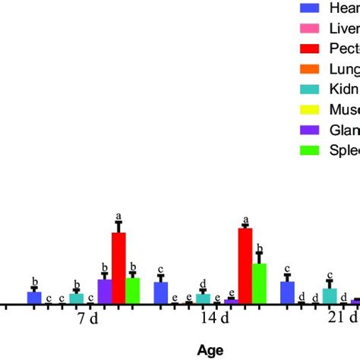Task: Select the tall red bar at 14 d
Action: click(x=245, y=266)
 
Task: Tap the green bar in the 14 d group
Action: click(x=259, y=283)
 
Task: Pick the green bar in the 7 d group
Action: click(x=132, y=291)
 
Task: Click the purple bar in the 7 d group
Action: click(x=105, y=292)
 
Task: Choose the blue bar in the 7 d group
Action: click(x=34, y=298)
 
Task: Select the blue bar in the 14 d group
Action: click(x=161, y=293)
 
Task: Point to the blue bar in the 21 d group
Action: click(x=288, y=293)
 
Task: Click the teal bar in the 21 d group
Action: click(x=330, y=296)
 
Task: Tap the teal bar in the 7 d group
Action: click(x=77, y=298)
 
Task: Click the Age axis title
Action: click(x=210, y=350)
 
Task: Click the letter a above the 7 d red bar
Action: click(x=118, y=216)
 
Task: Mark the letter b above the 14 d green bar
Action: click(x=259, y=248)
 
